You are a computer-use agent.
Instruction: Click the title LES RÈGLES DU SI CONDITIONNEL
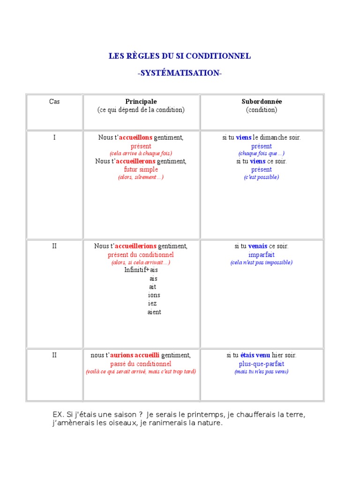[180, 56]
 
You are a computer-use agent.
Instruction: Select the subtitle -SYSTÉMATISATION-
[180, 73]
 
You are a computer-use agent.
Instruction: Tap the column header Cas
[54, 101]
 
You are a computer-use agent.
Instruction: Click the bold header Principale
[141, 101]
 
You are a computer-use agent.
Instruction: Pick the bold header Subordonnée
[262, 101]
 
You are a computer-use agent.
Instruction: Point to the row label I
[54, 137]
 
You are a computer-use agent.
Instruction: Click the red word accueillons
[135, 137]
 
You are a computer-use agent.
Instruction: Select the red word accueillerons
[139, 161]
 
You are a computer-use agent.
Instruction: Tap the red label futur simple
[141, 169]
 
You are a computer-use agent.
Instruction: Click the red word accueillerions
[135, 246]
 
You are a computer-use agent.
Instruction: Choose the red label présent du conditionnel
[141, 255]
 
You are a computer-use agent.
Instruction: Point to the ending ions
[154, 295]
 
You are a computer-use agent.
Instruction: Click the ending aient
[154, 312]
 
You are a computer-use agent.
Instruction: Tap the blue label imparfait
[262, 255]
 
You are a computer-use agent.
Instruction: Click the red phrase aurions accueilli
[135, 355]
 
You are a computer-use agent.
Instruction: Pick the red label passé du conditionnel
[141, 364]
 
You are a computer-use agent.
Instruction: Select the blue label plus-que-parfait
[262, 364]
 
